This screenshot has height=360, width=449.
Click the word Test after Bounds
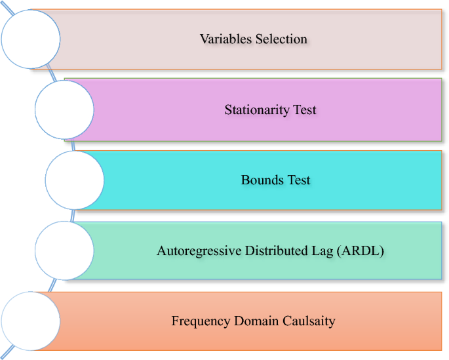(x=298, y=180)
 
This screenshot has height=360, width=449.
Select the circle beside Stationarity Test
(x=64, y=109)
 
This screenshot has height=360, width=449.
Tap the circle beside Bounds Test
(x=74, y=179)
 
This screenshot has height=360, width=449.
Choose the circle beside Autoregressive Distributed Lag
(x=64, y=250)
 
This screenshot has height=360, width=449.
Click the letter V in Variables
(x=204, y=39)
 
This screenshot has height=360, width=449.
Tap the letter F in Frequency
(x=175, y=321)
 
